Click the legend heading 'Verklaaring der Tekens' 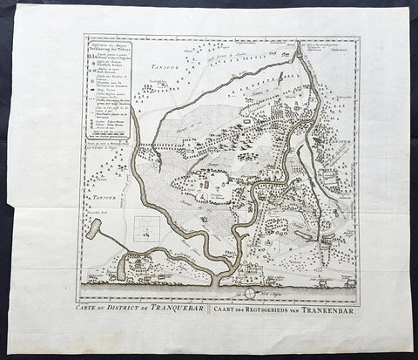coord(110,49)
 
